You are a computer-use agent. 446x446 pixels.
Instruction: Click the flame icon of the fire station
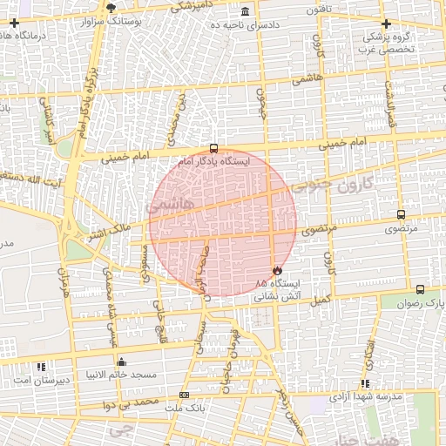(x=278, y=270)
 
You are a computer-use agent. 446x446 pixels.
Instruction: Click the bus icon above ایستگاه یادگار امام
(x=214, y=148)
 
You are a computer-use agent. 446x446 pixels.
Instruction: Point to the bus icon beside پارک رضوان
(x=421, y=289)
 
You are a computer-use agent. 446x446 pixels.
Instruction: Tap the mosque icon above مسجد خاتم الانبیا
(x=120, y=362)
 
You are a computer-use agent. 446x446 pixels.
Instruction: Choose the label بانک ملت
(x=184, y=408)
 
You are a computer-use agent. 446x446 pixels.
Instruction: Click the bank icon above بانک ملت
(x=183, y=395)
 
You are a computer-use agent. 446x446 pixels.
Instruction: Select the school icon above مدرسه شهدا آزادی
(x=365, y=382)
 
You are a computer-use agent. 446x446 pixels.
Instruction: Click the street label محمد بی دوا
(x=131, y=404)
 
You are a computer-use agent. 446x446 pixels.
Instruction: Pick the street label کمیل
(x=322, y=300)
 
